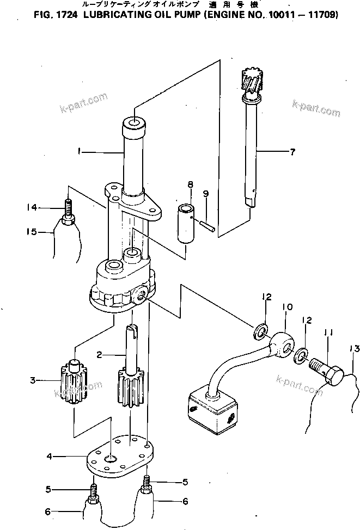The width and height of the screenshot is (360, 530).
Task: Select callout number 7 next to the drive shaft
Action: [292, 152]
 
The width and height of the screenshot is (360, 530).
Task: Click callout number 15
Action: [32, 232]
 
